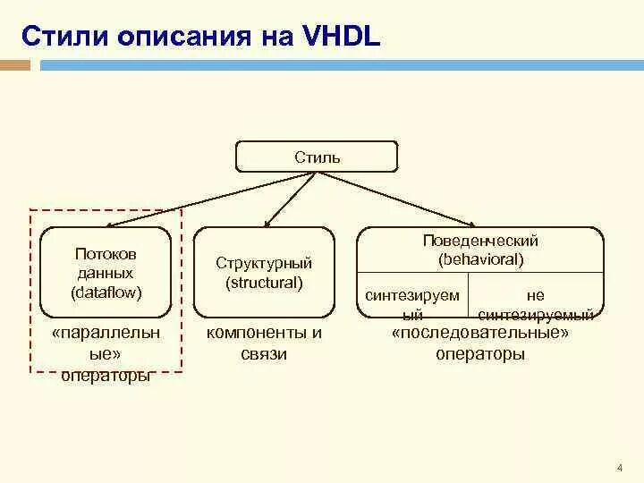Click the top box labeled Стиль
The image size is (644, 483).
[x=317, y=157]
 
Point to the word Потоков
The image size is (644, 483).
[x=106, y=255]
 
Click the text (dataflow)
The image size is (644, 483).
[x=106, y=292]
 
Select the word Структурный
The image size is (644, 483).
[x=264, y=264]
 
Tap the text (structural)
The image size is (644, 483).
[x=264, y=283]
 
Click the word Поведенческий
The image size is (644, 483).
[x=480, y=241]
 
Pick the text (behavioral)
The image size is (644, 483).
[x=480, y=259]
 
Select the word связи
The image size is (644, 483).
[x=264, y=353]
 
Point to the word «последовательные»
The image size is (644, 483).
[x=480, y=334]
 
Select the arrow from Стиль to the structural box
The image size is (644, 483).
[x=291, y=199]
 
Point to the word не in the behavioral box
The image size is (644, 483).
[x=536, y=295]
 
